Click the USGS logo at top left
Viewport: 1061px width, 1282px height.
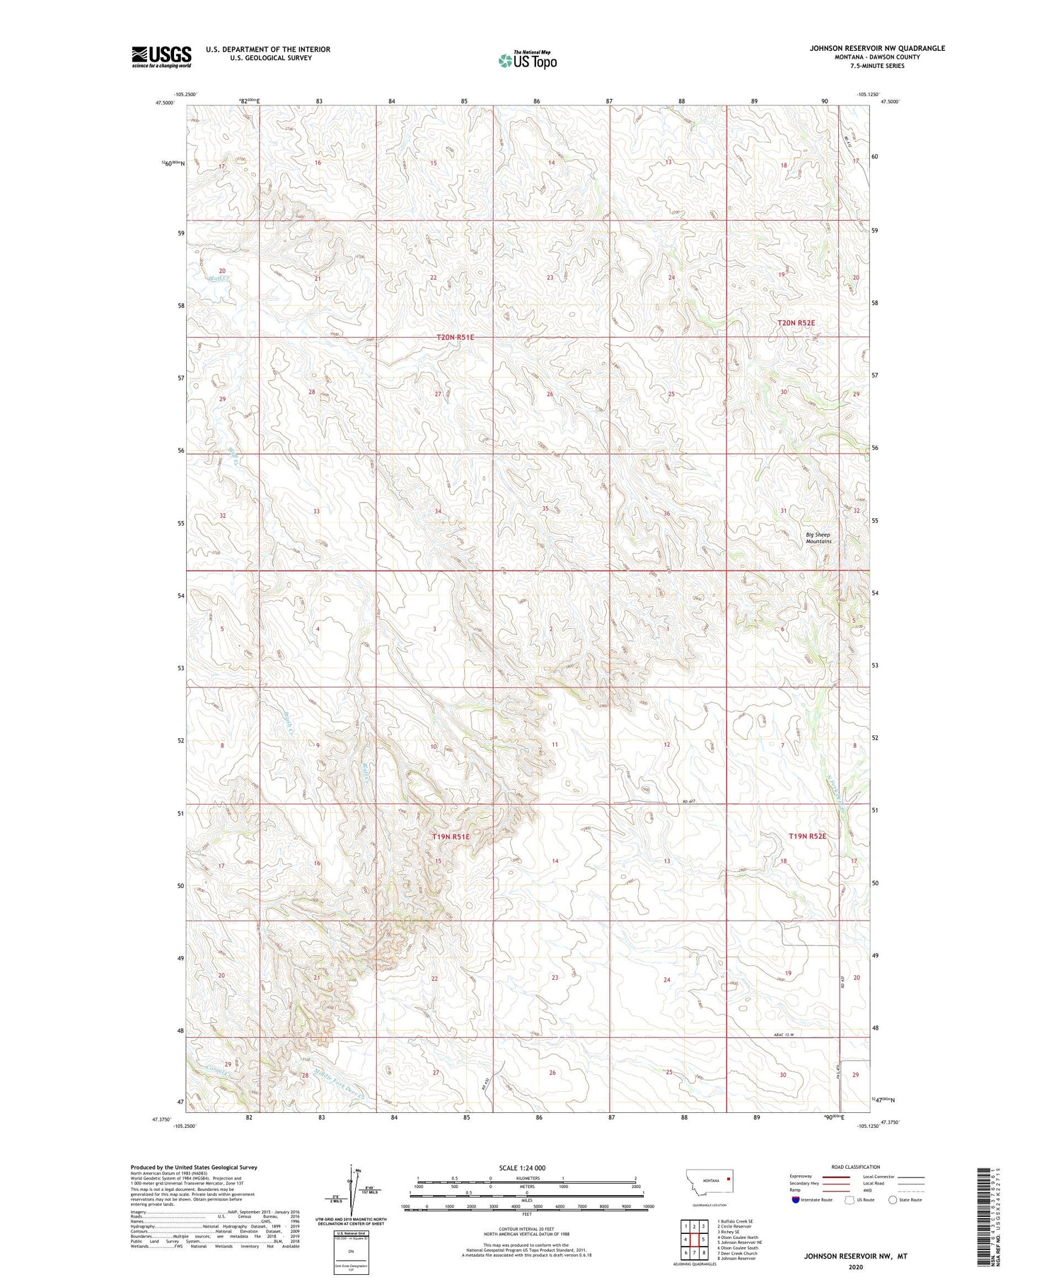[x=161, y=57]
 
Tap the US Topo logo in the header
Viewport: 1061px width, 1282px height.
[x=527, y=61]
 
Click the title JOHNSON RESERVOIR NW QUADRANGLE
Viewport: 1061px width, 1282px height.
[x=877, y=48]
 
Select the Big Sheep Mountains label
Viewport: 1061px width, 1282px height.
[x=818, y=537]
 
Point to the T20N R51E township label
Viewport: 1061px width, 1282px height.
[x=455, y=338]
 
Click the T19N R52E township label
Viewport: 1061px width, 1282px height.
[x=807, y=836]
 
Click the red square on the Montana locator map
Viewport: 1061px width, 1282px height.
[x=728, y=1179]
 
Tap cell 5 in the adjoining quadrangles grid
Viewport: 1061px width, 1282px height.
[x=703, y=1239]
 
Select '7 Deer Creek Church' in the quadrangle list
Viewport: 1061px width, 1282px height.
[x=737, y=1253]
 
